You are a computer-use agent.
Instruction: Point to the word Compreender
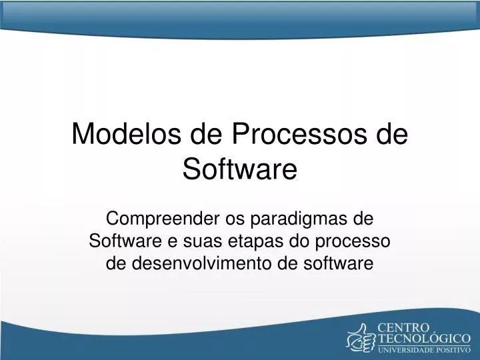pyautogui.click(x=158, y=218)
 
